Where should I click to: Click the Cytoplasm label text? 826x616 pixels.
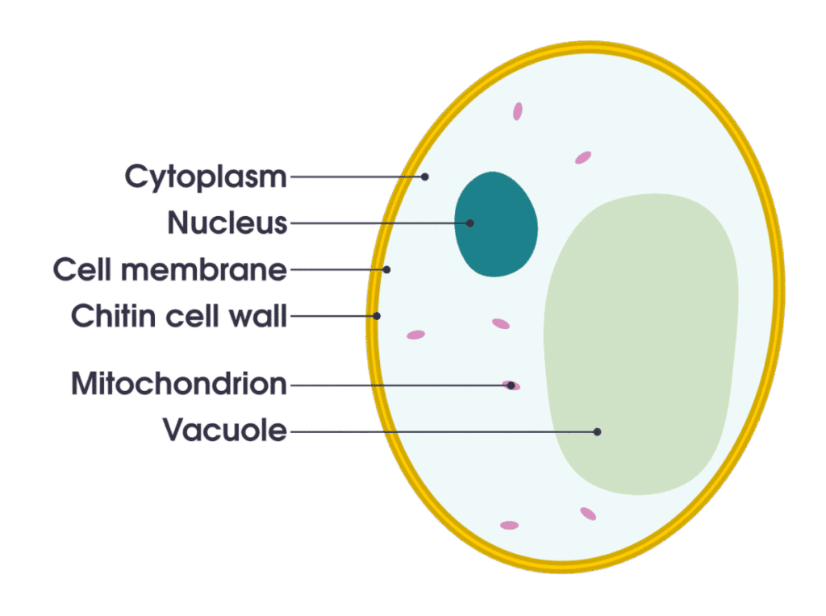click(x=206, y=177)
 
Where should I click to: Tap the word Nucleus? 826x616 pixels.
click(x=227, y=223)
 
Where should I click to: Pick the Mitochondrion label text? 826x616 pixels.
click(x=179, y=385)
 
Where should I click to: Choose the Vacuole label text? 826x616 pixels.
click(x=225, y=431)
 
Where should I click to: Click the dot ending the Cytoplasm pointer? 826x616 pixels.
click(x=425, y=177)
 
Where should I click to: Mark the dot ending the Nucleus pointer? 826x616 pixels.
click(x=469, y=223)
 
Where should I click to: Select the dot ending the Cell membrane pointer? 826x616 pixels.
click(x=386, y=269)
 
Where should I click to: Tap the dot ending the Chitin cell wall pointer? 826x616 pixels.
click(x=376, y=316)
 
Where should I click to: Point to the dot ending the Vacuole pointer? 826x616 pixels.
click(x=597, y=432)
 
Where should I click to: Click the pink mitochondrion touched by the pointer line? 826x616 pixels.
click(x=511, y=385)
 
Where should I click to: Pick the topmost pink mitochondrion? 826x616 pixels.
click(x=517, y=110)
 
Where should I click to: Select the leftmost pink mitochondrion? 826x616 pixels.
click(x=415, y=335)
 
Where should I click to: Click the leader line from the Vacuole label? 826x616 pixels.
click(x=444, y=432)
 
